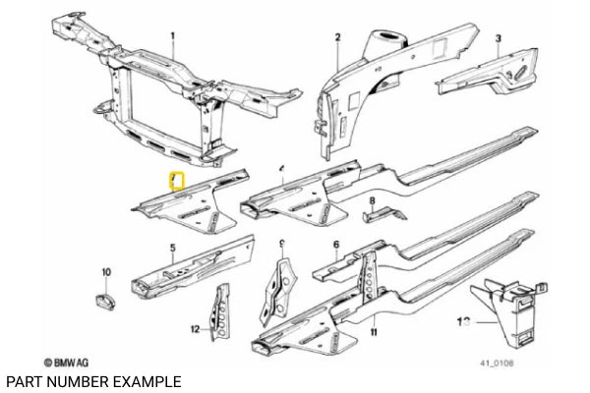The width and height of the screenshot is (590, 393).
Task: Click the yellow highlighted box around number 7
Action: point(177,181)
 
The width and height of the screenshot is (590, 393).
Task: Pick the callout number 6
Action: point(336,245)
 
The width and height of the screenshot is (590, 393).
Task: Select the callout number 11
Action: point(374,332)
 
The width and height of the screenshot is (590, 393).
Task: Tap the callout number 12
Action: point(196,328)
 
